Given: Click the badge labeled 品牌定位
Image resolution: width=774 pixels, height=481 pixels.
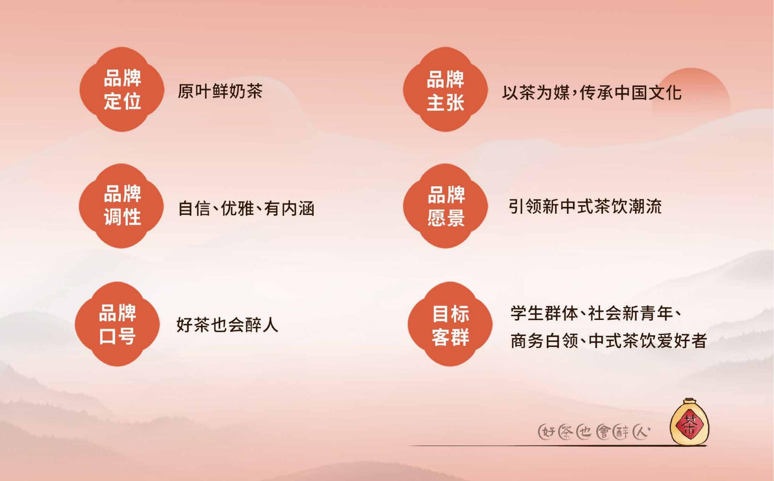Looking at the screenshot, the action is [122, 89].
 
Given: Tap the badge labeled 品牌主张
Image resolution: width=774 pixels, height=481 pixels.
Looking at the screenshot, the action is [445, 89].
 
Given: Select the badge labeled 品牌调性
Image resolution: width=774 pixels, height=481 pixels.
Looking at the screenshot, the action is [121, 206].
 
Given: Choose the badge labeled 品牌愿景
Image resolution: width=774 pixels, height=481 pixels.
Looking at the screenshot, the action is [445, 206].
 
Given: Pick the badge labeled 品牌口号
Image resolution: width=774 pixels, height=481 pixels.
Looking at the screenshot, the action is [117, 324].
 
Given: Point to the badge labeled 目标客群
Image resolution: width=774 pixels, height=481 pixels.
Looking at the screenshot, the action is [450, 324].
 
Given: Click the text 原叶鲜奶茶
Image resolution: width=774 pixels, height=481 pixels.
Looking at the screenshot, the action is [220, 91].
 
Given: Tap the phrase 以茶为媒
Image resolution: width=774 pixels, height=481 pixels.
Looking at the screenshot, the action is [536, 93].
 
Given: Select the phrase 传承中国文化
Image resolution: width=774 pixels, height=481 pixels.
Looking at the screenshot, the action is [630, 93].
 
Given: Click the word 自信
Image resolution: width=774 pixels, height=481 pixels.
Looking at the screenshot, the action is [194, 209].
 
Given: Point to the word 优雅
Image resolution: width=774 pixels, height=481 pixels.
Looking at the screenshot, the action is [237, 209].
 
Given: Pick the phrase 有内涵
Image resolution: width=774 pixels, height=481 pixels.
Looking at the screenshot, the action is [289, 209].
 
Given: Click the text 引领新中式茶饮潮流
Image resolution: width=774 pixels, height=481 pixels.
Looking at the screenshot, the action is [585, 207].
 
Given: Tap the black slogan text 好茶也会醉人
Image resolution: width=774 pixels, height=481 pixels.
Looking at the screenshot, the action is [227, 325].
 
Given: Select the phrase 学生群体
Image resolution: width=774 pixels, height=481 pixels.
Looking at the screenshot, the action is [544, 313].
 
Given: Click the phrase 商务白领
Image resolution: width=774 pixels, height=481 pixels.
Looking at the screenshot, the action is [544, 341].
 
